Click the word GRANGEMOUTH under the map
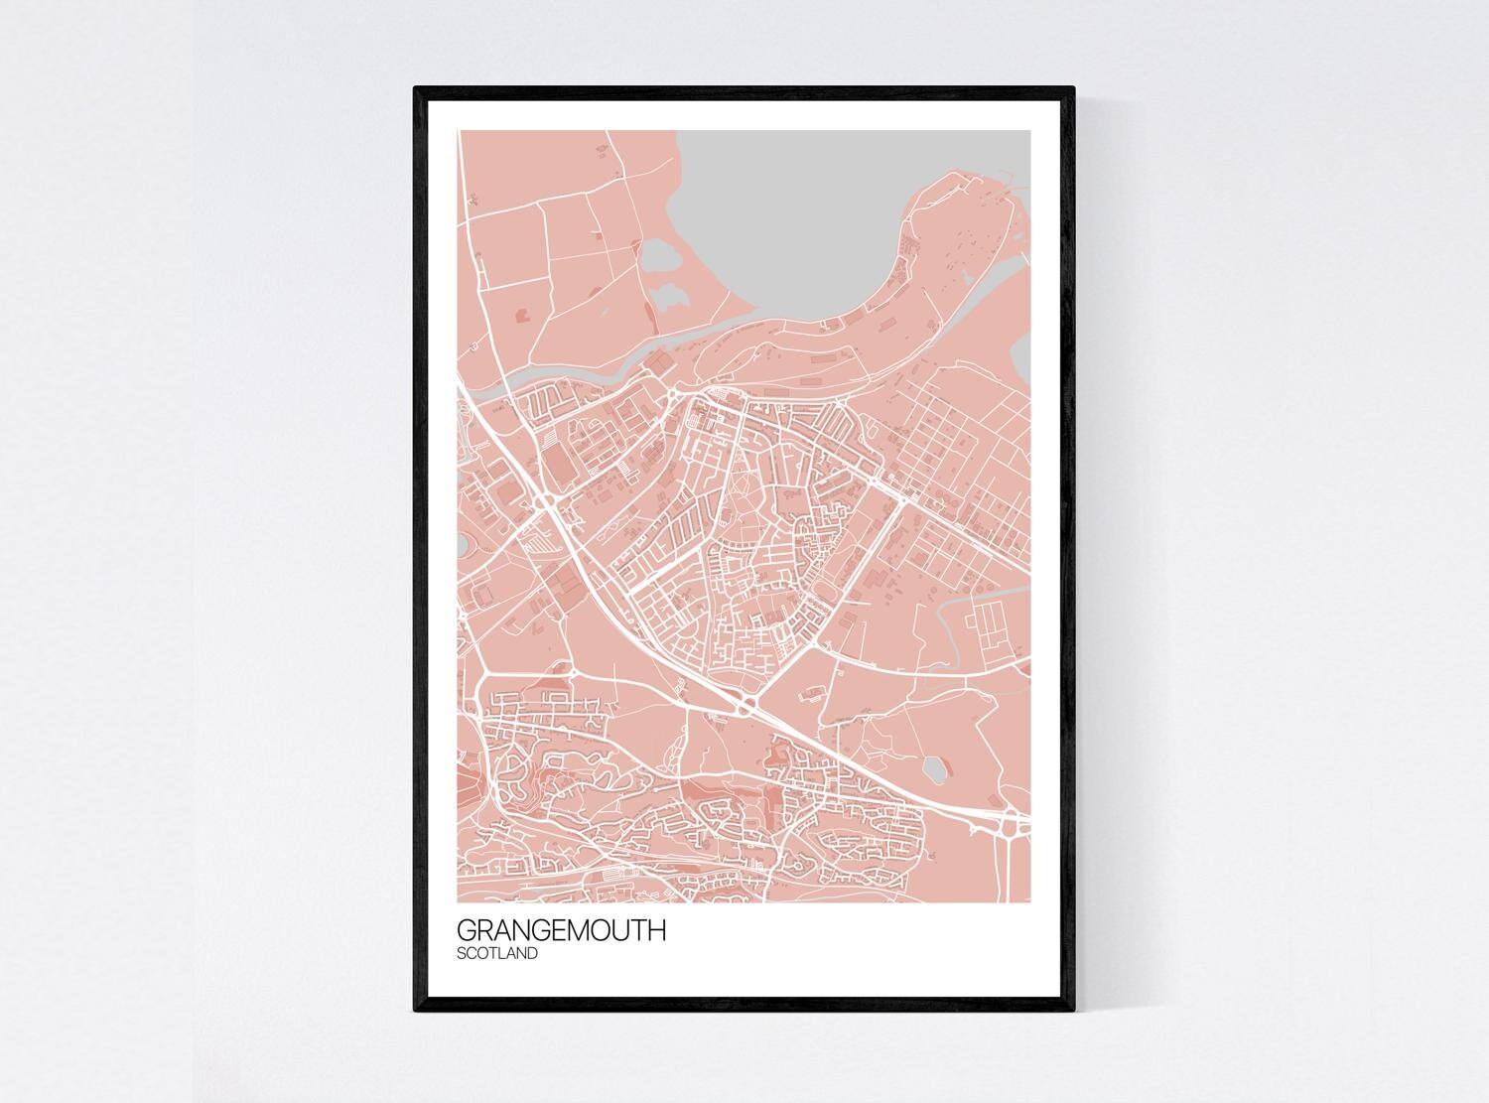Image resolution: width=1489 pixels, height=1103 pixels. coord(561,933)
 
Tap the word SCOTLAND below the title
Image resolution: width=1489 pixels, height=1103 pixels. coord(497,955)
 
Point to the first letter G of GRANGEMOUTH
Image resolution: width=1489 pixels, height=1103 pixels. coord(466,933)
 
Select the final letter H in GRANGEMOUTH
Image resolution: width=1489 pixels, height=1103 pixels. coord(658,933)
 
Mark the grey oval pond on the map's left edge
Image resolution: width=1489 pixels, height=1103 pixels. coord(464,544)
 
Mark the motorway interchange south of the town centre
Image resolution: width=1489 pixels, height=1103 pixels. coord(746,706)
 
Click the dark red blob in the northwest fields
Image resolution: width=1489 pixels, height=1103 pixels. coord(524,316)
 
